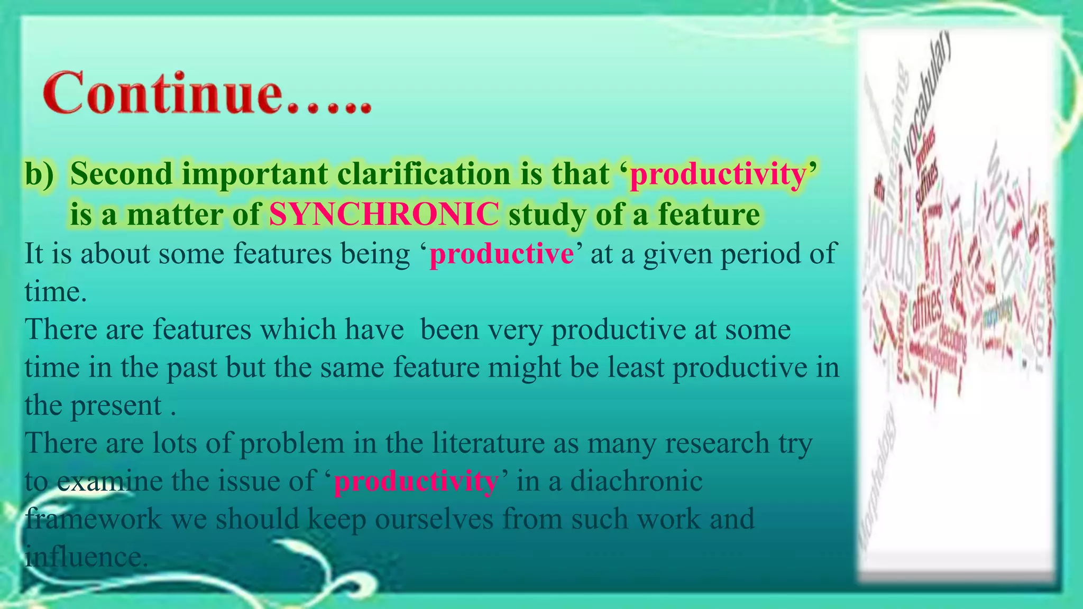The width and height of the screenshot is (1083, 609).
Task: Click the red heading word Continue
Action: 162,94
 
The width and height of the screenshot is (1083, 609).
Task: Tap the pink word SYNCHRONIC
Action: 384,215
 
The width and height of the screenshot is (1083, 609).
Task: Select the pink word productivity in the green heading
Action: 718,174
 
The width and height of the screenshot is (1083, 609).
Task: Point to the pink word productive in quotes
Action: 501,254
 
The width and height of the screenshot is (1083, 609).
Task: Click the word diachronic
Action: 636,481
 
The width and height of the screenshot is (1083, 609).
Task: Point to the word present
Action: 116,406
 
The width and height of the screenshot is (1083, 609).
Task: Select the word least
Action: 635,368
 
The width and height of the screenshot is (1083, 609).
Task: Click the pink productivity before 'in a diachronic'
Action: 416,481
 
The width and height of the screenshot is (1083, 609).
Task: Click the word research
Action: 717,443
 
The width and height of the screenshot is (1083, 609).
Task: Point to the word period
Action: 761,254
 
